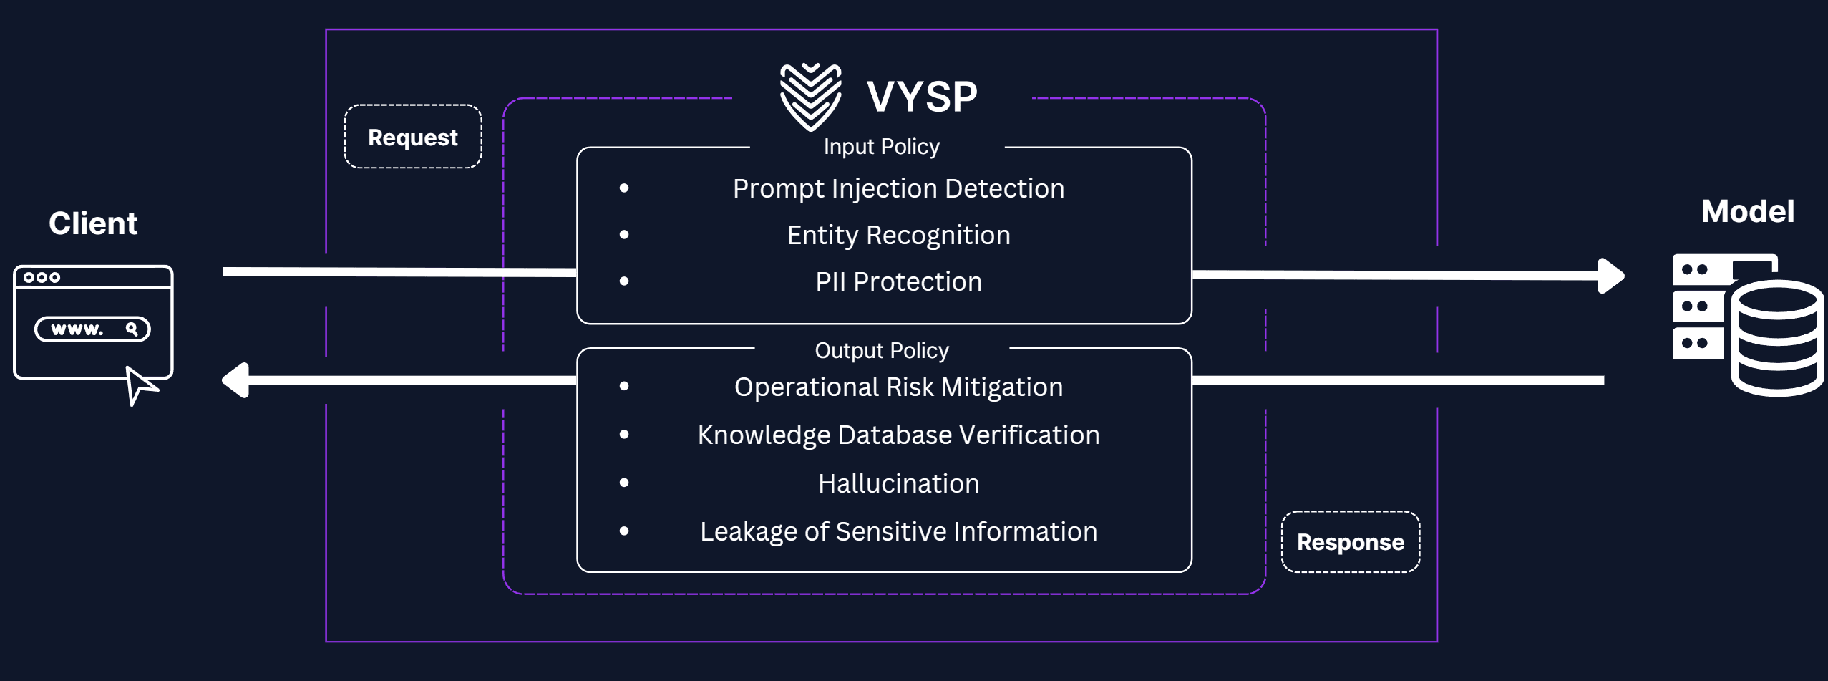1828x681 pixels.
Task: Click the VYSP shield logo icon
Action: click(810, 97)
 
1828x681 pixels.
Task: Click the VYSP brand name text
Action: click(922, 97)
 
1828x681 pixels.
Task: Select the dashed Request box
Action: click(413, 137)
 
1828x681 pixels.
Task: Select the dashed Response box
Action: click(1351, 542)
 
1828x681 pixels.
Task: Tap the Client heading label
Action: click(93, 223)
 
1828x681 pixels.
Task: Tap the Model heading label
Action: click(1747, 211)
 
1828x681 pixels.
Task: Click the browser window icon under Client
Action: click(93, 322)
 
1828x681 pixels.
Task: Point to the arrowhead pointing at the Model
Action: click(1612, 276)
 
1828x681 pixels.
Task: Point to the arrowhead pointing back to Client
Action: click(235, 380)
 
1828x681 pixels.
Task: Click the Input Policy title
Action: click(881, 147)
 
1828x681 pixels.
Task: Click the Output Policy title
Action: click(882, 350)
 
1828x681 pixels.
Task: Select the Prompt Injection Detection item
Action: click(898, 188)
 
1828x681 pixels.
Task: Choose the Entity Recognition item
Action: click(898, 235)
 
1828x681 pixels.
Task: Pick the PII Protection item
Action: click(898, 281)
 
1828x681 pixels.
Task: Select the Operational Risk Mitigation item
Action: click(898, 387)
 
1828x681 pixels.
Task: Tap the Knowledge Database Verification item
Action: click(898, 435)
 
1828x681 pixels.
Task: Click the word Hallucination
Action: click(898, 483)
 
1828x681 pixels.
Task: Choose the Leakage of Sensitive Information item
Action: click(898, 531)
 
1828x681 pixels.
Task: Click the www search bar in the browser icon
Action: click(92, 329)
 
